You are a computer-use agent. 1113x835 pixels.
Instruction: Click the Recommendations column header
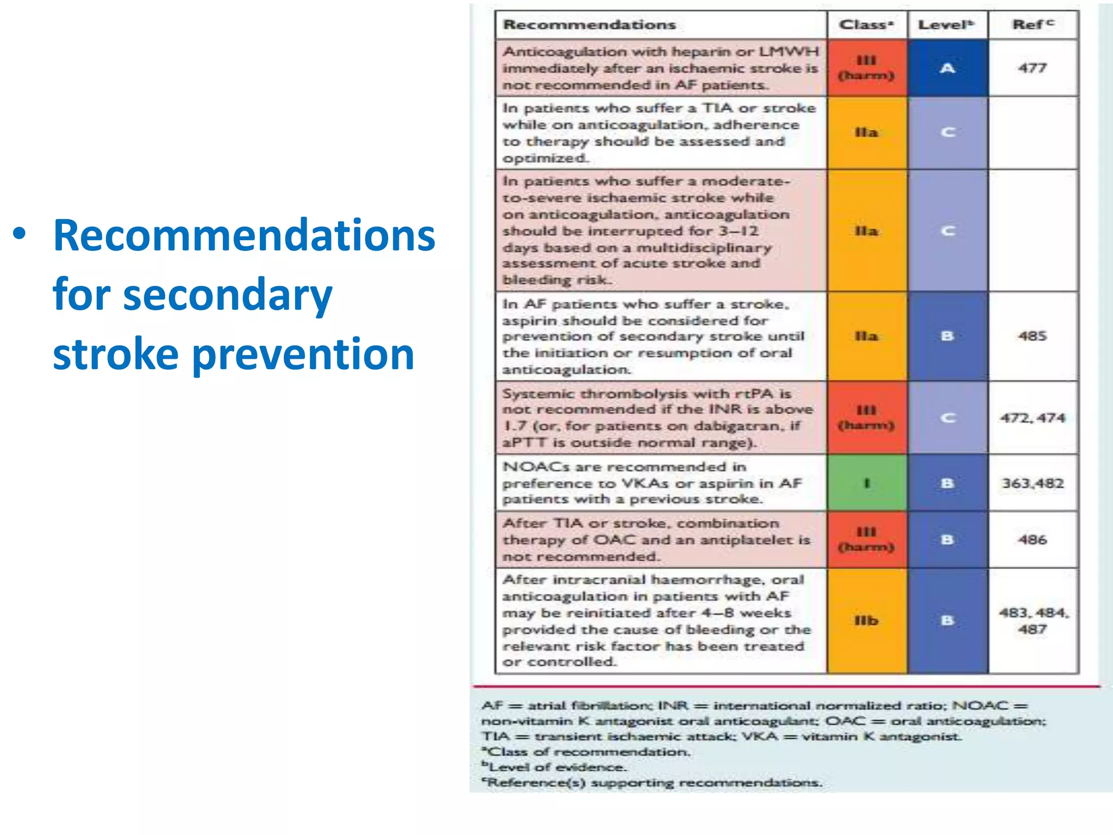click(589, 25)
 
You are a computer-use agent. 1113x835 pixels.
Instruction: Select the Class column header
click(866, 25)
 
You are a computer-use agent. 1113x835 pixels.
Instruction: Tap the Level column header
click(946, 25)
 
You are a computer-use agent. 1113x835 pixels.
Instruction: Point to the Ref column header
click(1032, 25)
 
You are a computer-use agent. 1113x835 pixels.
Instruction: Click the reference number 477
click(1032, 68)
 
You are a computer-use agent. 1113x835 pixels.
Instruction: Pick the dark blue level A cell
click(947, 68)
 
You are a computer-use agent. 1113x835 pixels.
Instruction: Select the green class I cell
click(866, 483)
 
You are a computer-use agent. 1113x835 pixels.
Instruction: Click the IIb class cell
click(866, 621)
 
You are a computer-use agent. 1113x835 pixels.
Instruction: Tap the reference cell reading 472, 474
click(1033, 418)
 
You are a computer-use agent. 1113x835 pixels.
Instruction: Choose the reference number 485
click(1032, 336)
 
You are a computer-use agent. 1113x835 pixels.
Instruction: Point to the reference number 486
click(1032, 540)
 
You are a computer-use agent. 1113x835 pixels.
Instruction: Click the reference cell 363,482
click(1033, 483)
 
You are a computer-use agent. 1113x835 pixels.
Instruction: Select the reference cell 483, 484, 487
click(1033, 621)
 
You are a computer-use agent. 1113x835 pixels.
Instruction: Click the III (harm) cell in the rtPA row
click(866, 417)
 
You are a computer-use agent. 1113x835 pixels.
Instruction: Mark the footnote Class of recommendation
click(587, 752)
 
